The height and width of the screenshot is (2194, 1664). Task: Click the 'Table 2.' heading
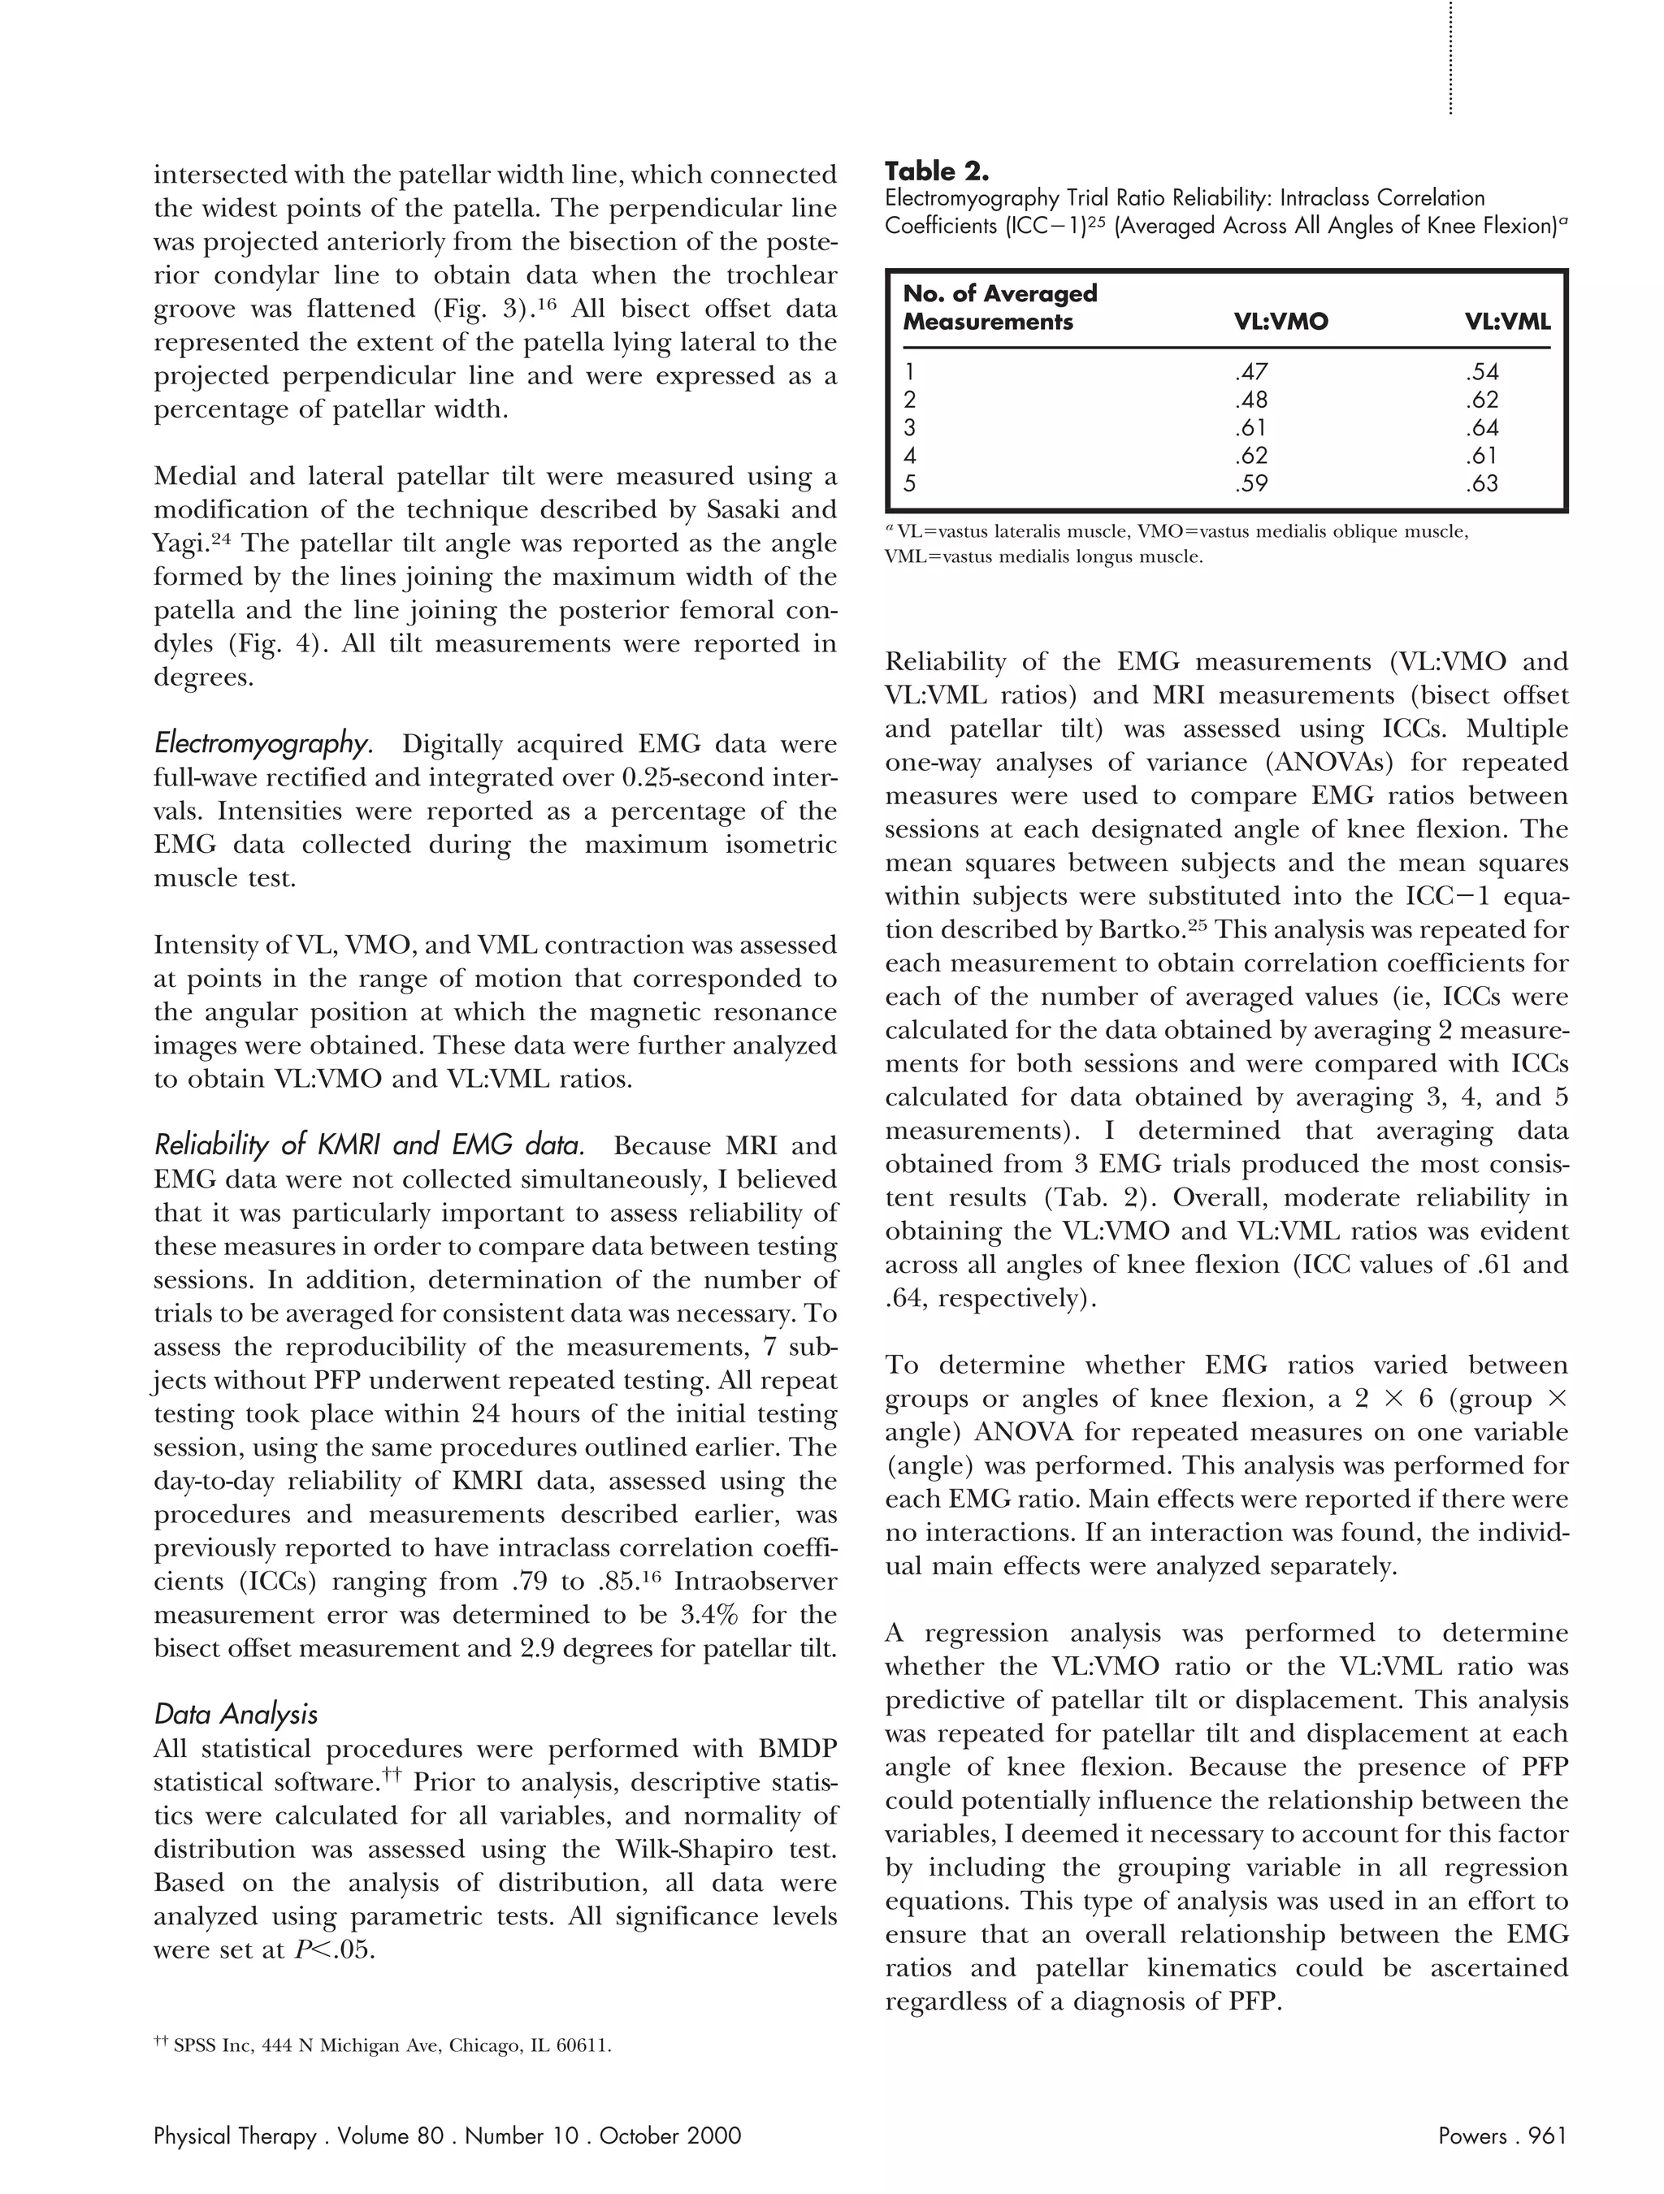936,171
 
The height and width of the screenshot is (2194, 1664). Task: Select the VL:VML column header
1506,322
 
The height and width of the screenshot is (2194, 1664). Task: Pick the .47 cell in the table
1251,373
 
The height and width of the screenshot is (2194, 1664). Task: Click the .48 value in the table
1251,400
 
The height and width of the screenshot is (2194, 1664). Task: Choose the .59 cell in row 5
1251,485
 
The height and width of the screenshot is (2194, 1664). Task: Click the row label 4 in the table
910,457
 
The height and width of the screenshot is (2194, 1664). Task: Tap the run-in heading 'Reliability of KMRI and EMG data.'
368,1145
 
